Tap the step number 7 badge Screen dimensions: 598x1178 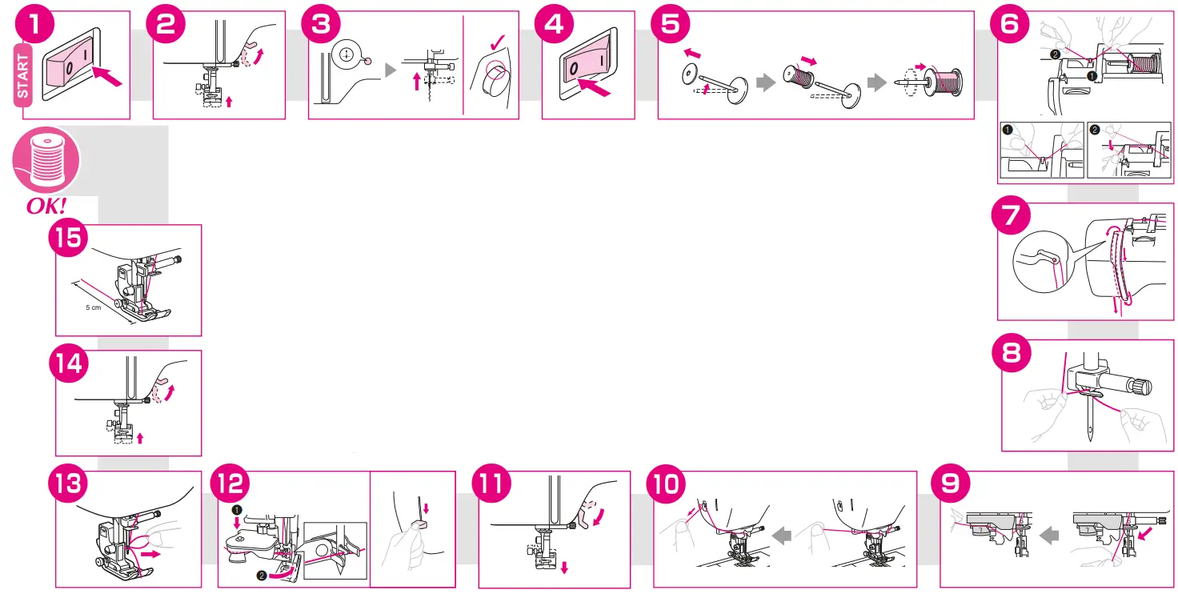point(1012,217)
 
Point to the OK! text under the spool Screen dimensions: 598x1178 point(46,206)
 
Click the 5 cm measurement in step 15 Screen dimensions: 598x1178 point(94,308)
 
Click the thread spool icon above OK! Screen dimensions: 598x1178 point(46,158)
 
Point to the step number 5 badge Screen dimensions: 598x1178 point(671,24)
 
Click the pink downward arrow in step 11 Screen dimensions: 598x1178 point(564,568)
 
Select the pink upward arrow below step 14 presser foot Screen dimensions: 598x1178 point(141,438)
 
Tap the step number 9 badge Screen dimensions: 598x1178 point(952,486)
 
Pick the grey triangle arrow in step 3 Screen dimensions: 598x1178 point(391,70)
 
